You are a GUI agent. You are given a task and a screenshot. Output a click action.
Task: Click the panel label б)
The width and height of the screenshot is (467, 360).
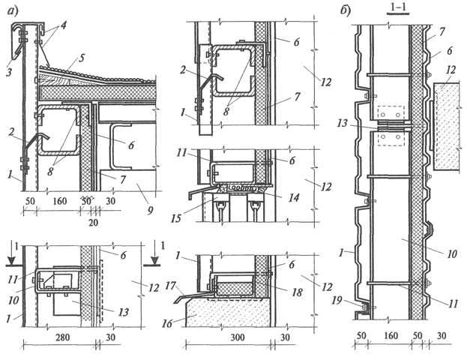point(346,10)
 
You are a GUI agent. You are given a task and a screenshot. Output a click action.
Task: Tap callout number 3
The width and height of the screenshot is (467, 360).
point(9,71)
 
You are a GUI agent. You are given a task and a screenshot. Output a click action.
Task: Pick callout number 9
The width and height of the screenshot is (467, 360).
point(150,211)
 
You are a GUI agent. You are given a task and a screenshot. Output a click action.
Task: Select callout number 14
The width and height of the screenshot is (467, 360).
point(293,197)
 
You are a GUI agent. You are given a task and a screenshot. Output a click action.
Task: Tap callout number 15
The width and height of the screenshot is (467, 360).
point(176,218)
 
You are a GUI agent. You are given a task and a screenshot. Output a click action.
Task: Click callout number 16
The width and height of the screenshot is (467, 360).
point(167,323)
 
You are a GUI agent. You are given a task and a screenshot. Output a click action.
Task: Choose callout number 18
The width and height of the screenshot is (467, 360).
point(297,292)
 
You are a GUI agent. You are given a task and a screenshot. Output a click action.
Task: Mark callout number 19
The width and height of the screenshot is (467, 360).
point(337,301)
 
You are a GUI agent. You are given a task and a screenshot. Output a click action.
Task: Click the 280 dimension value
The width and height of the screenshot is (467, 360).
point(63,337)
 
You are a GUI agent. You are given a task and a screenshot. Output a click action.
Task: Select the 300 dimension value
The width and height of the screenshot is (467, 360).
point(238,337)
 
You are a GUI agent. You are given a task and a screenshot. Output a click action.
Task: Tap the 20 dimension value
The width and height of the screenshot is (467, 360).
point(93,222)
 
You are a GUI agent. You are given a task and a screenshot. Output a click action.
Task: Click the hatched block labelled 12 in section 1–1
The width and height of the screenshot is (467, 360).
point(445,126)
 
